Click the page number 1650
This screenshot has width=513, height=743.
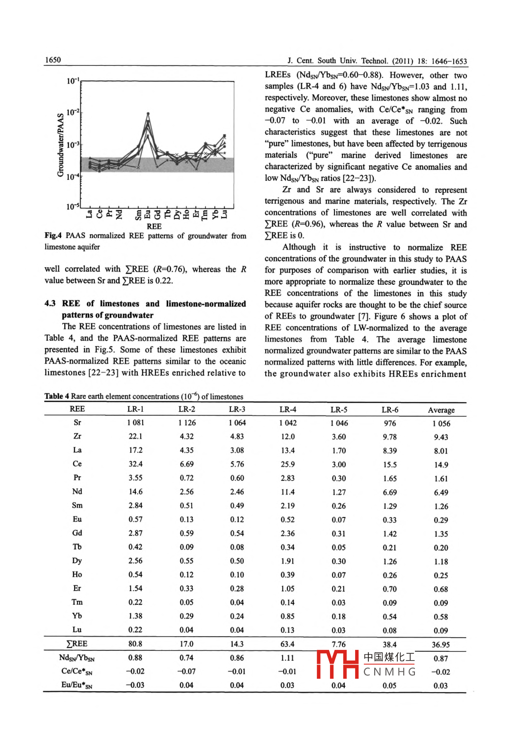(53, 60)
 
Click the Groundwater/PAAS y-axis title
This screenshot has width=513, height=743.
(60, 145)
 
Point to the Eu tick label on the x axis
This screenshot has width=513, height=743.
(148, 214)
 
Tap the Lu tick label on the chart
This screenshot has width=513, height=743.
(225, 214)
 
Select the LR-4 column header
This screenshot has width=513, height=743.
(288, 409)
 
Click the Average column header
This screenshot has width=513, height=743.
(441, 410)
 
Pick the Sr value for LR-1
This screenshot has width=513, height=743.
(135, 422)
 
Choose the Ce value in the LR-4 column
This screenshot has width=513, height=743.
(288, 464)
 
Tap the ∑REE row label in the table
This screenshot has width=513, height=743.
(77, 644)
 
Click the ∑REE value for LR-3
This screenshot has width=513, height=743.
(237, 644)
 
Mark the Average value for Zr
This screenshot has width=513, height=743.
(441, 437)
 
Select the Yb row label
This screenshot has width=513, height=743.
(77, 616)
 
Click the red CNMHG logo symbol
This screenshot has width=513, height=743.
(337, 664)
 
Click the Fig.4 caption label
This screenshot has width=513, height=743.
(53, 236)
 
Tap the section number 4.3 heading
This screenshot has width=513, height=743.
(50, 304)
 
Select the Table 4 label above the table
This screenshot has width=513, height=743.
(57, 396)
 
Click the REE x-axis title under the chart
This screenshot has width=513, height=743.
(154, 226)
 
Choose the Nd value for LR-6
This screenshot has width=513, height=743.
(390, 493)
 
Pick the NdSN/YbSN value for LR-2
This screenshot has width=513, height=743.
(186, 658)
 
